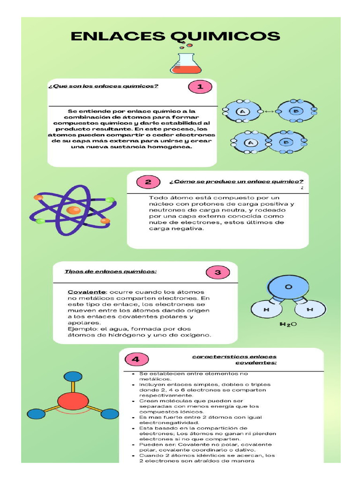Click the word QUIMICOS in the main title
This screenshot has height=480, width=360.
click(x=225, y=37)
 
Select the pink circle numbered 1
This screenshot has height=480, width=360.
click(x=200, y=87)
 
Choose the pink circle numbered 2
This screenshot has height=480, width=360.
click(x=148, y=182)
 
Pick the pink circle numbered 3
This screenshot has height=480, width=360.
click(x=217, y=272)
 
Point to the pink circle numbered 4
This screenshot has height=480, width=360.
click(x=136, y=360)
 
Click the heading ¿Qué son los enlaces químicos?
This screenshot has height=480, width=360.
click(x=103, y=86)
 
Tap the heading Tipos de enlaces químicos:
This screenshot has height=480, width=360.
click(x=111, y=271)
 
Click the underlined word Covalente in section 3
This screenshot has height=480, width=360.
click(x=87, y=292)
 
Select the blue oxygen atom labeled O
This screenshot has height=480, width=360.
click(x=288, y=287)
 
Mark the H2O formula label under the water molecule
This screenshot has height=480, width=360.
click(x=288, y=324)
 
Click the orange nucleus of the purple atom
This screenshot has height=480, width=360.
click(x=74, y=210)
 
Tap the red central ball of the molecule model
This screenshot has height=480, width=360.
click(x=73, y=401)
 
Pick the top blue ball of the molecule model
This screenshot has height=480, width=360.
click(x=73, y=376)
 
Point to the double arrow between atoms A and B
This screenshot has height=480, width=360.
click(x=270, y=112)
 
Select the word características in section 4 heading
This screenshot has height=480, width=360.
click(x=216, y=357)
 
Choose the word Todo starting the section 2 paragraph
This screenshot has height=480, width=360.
click(x=157, y=198)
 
